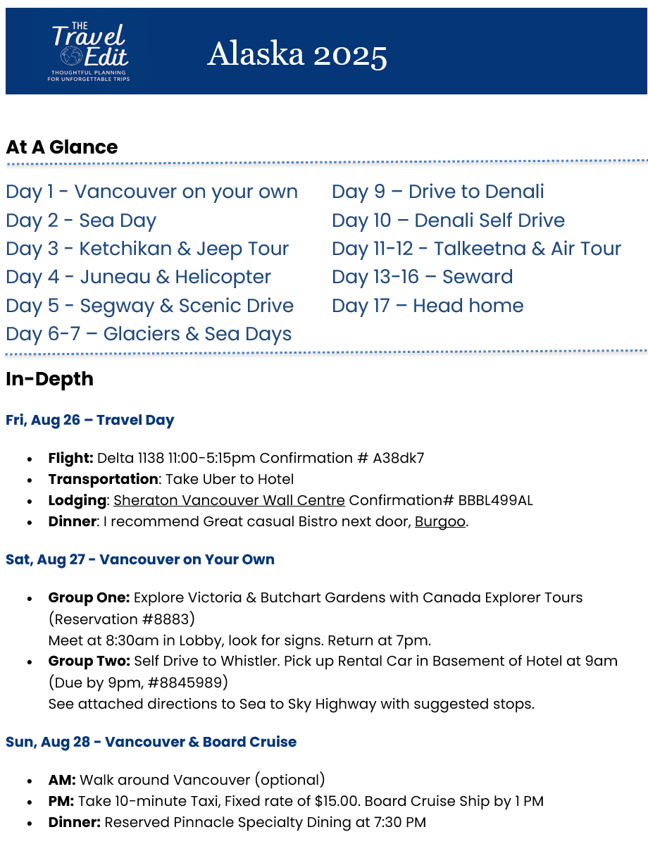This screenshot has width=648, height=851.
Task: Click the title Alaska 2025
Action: pyautogui.click(x=297, y=54)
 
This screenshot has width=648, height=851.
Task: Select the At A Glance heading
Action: pyautogui.click(x=62, y=147)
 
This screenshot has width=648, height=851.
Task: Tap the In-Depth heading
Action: pyautogui.click(x=49, y=379)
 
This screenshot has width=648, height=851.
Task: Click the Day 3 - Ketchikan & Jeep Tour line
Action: pyautogui.click(x=147, y=249)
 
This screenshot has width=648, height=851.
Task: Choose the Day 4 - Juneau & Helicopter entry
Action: pyautogui.click(x=138, y=277)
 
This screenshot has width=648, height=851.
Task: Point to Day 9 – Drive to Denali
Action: pyautogui.click(x=437, y=192)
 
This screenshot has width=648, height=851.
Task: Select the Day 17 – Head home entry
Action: pyautogui.click(x=428, y=306)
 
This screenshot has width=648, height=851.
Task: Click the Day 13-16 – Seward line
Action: pyautogui.click(x=422, y=277)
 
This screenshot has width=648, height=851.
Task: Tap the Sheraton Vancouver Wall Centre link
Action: pyautogui.click(x=229, y=501)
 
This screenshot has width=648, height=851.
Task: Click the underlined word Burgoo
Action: pyautogui.click(x=440, y=522)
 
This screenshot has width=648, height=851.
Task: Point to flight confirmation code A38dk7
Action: pyautogui.click(x=399, y=458)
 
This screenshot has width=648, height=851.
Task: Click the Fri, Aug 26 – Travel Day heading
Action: pyautogui.click(x=90, y=421)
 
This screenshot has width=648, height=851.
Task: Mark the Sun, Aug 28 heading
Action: pyautogui.click(x=151, y=742)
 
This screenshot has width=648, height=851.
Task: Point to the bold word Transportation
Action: pyautogui.click(x=103, y=479)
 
